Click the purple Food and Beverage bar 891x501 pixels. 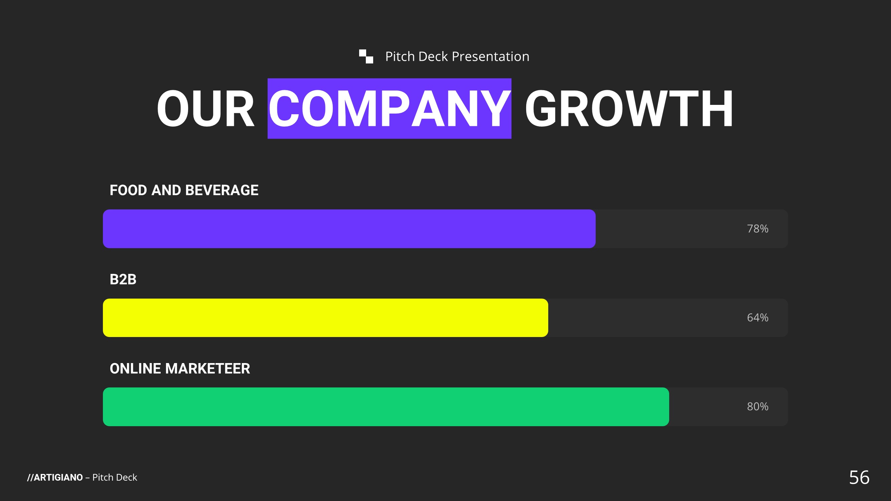click(x=349, y=228)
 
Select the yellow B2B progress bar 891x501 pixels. click(x=325, y=318)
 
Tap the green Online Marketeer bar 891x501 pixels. click(x=386, y=406)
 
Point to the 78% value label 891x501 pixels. click(x=757, y=228)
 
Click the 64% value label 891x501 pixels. click(x=757, y=317)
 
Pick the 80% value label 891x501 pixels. click(x=757, y=406)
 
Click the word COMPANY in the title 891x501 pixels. click(x=390, y=109)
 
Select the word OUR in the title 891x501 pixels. click(x=205, y=109)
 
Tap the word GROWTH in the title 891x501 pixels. click(x=629, y=109)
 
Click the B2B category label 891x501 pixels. click(x=123, y=279)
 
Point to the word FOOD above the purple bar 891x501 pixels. click(x=128, y=190)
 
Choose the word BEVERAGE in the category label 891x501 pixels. click(x=222, y=190)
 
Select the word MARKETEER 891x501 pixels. click(x=207, y=369)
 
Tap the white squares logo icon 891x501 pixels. click(x=366, y=56)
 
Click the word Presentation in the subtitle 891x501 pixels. click(x=490, y=56)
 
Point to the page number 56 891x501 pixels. click(x=859, y=477)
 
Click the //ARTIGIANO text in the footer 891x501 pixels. click(x=55, y=478)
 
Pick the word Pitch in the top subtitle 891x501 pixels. click(x=400, y=56)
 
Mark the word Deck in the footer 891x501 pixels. click(x=127, y=478)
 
